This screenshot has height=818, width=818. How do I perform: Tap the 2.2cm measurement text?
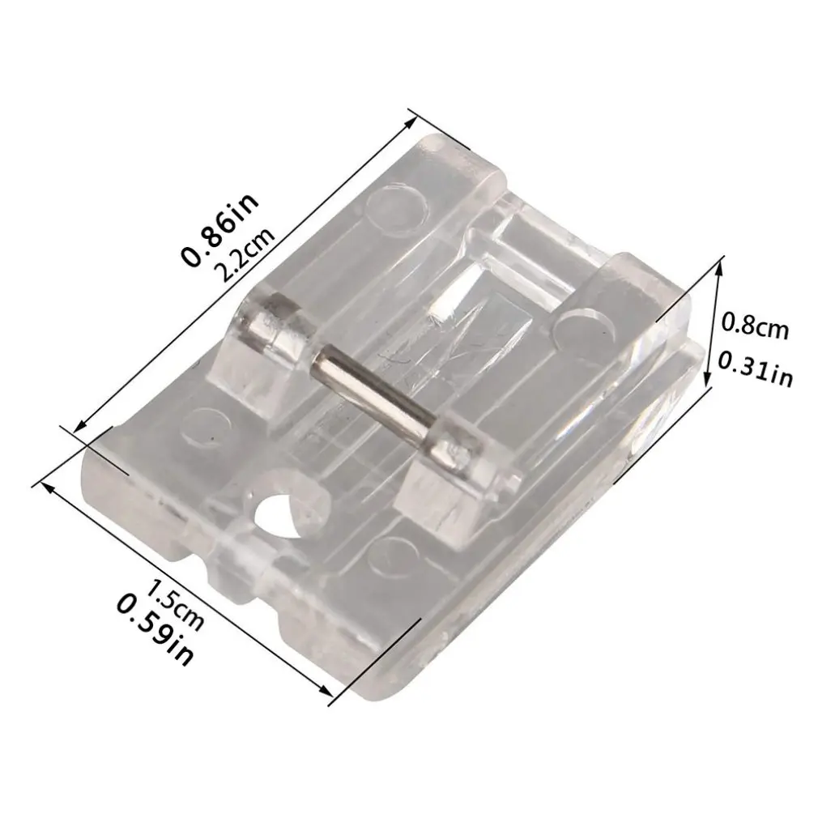tap(244, 254)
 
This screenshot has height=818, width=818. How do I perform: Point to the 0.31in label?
tap(756, 368)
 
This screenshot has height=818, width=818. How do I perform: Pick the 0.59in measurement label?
tap(155, 629)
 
